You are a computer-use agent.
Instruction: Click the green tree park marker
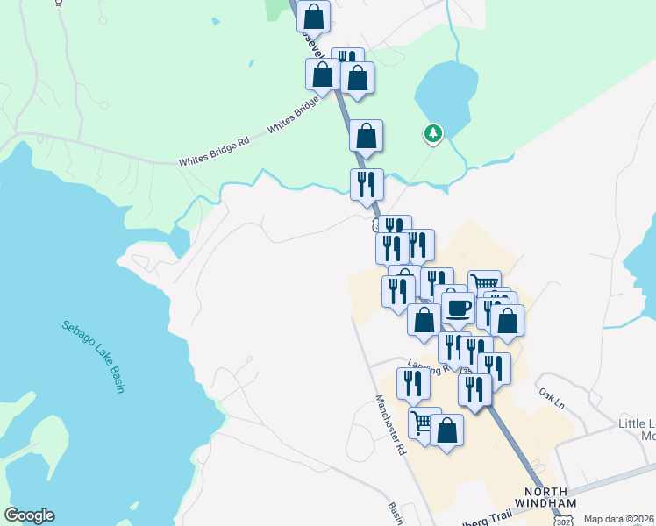[432, 133]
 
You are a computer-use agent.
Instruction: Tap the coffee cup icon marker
[457, 308]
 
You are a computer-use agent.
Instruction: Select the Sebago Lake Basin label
[92, 356]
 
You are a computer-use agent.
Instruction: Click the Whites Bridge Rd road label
[215, 159]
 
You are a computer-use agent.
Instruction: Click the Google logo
[29, 515]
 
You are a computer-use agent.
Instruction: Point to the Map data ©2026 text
[619, 519]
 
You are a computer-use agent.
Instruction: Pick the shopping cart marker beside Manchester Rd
[424, 423]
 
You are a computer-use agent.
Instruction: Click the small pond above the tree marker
[446, 92]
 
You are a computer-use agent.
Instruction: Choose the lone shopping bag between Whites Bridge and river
[366, 136]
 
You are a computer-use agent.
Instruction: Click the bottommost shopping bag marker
[446, 430]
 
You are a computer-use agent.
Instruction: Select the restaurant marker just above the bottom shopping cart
[413, 384]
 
